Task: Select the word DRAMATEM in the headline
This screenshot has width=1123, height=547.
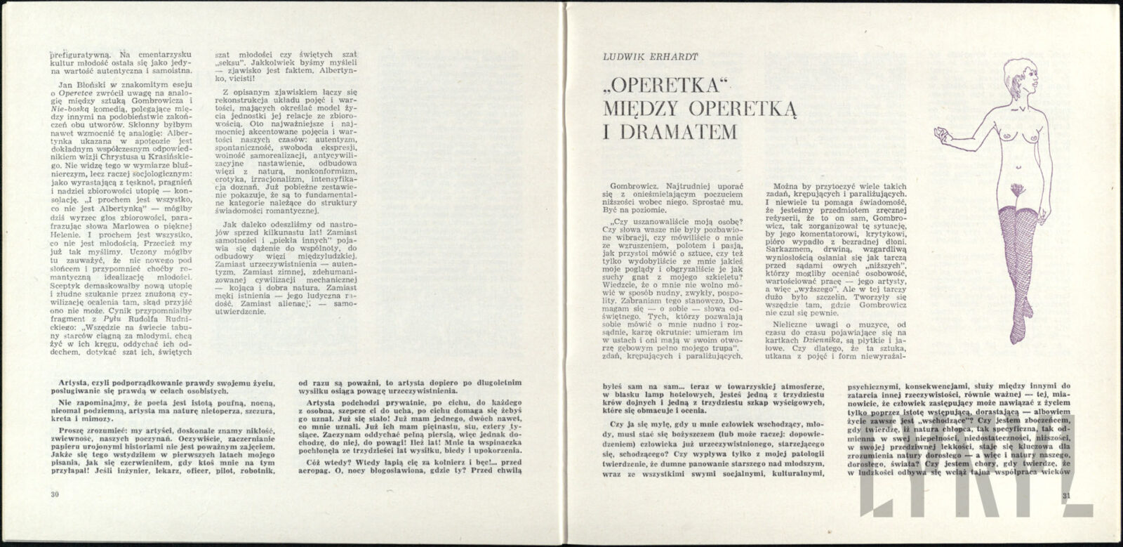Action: [x=666, y=131]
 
